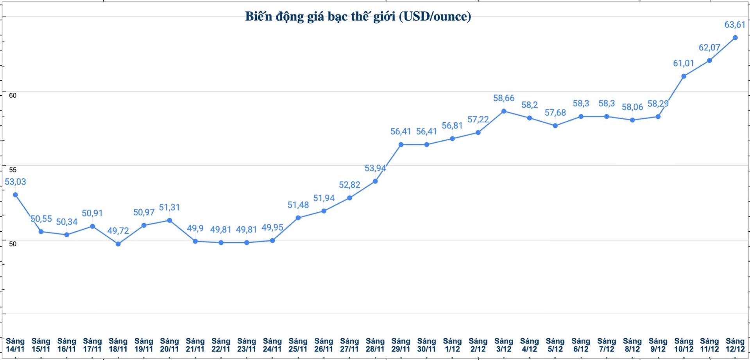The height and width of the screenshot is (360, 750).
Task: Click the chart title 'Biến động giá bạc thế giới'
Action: [x=358, y=16]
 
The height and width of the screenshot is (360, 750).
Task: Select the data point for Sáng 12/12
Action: [x=735, y=38]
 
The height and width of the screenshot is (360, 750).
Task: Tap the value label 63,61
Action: [x=735, y=25]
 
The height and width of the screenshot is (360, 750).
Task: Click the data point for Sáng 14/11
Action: [x=15, y=195]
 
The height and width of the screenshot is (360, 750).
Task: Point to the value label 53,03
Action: [x=15, y=182]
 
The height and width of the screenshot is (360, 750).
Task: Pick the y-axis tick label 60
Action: [x=13, y=95]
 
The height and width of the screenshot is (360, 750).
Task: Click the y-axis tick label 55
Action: [x=13, y=170]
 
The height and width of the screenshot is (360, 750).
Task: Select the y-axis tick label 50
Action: [x=13, y=244]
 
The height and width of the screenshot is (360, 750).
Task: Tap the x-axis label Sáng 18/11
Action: [x=118, y=345]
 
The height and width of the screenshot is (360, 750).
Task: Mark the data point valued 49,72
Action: [x=118, y=244]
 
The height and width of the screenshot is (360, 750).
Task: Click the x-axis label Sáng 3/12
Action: [x=504, y=345]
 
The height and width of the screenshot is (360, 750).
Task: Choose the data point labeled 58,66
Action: [x=504, y=111]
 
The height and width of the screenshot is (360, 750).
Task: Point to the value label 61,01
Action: [x=684, y=63]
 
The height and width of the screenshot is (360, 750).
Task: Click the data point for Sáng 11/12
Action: [x=709, y=61]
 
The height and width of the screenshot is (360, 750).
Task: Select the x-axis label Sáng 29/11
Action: [x=401, y=345]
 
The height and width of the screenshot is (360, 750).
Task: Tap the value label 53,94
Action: [x=375, y=168]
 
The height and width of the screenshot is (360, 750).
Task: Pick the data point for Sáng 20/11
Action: [x=169, y=220]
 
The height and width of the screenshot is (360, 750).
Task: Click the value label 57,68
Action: [x=555, y=113]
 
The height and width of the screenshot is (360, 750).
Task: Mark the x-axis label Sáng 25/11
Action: [x=298, y=345]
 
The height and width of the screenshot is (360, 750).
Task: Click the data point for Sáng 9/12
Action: [x=658, y=116]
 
